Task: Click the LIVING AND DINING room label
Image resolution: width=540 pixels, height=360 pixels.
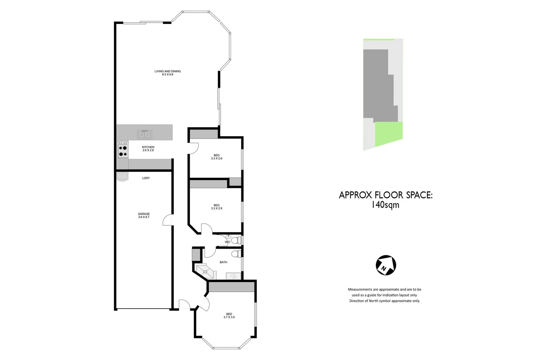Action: [167, 71]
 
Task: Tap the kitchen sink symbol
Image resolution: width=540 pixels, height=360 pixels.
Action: [145, 134]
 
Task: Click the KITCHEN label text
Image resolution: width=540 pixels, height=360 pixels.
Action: [148, 147]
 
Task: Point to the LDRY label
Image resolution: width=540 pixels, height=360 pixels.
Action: [146, 178]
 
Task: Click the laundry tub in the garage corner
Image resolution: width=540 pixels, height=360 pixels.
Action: [122, 177]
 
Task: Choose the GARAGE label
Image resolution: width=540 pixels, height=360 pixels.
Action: [144, 214]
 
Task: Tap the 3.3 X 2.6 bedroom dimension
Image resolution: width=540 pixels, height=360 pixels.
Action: [216, 159]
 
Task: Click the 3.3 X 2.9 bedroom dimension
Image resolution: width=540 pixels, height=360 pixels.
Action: [216, 208]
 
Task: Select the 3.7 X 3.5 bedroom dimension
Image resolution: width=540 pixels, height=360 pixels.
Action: [229, 317]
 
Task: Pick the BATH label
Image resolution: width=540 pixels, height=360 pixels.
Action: [223, 262]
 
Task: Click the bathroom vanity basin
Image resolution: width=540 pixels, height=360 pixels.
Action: [234, 276]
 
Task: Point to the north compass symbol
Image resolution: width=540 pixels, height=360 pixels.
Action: [386, 265]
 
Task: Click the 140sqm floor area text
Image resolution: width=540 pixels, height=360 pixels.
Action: [385, 205]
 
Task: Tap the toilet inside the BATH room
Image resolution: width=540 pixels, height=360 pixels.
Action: [237, 254]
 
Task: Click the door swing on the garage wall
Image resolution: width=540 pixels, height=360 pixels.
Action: [168, 220]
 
